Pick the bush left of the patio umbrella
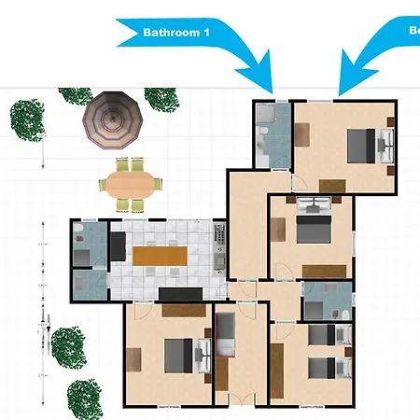28,118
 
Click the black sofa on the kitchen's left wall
118,246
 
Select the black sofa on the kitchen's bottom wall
181,295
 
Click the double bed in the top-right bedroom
367,146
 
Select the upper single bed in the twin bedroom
327,335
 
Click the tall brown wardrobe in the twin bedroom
277,370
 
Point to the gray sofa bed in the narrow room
226,336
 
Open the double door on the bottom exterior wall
240,403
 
